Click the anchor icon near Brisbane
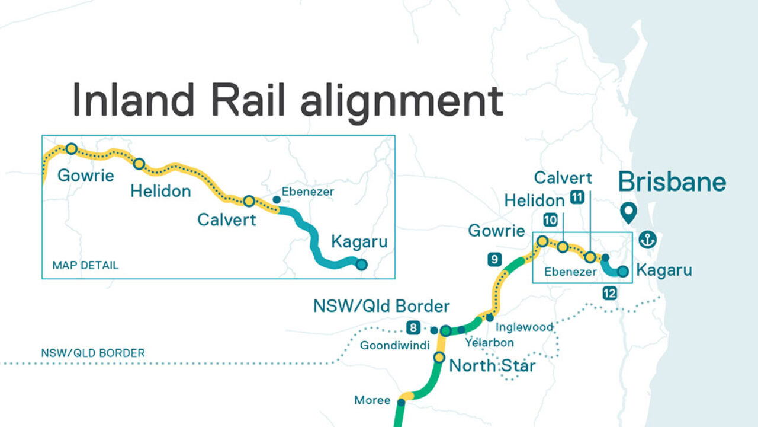pos(648,240)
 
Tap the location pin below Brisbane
pos(628,212)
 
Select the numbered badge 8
pos(413,327)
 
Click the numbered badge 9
pos(495,259)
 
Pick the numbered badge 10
pos(550,220)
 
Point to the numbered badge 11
pos(577,198)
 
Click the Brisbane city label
pos(672,182)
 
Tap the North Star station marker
pos(439,357)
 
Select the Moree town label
pos(372,400)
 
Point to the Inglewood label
pos(525,327)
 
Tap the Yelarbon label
pos(489,342)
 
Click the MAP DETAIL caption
pos(85,265)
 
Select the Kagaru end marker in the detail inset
pos(361,265)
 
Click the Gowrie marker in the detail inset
pos(71,148)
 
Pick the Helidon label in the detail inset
pos(160,191)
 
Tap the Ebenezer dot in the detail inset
pos(276,199)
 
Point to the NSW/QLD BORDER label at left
pos(93,353)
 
